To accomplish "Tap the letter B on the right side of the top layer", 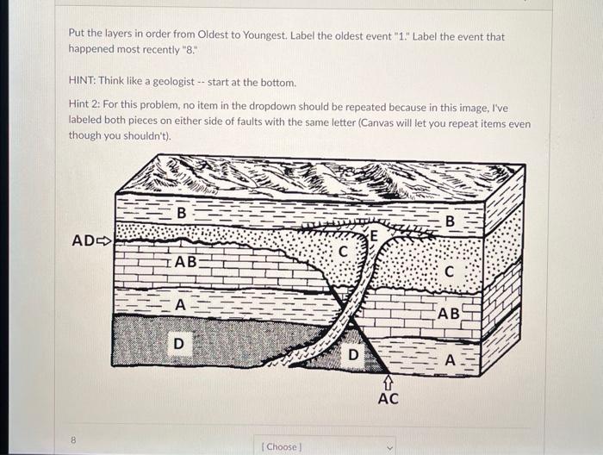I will pyautogui.click(x=450, y=222).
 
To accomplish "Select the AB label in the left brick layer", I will pyautogui.click(x=186, y=261).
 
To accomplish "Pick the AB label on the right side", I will pyautogui.click(x=449, y=314).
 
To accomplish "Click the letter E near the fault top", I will pyautogui.click(x=374, y=235).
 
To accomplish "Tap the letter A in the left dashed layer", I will pyautogui.click(x=180, y=304).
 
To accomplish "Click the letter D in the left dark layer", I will pyautogui.click(x=178, y=344).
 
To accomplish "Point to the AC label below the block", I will pyautogui.click(x=388, y=399).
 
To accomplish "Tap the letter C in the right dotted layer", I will pyautogui.click(x=450, y=270).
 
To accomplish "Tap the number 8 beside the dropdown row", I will pyautogui.click(x=74, y=439).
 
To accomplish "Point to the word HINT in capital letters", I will pyautogui.click(x=82, y=83).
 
